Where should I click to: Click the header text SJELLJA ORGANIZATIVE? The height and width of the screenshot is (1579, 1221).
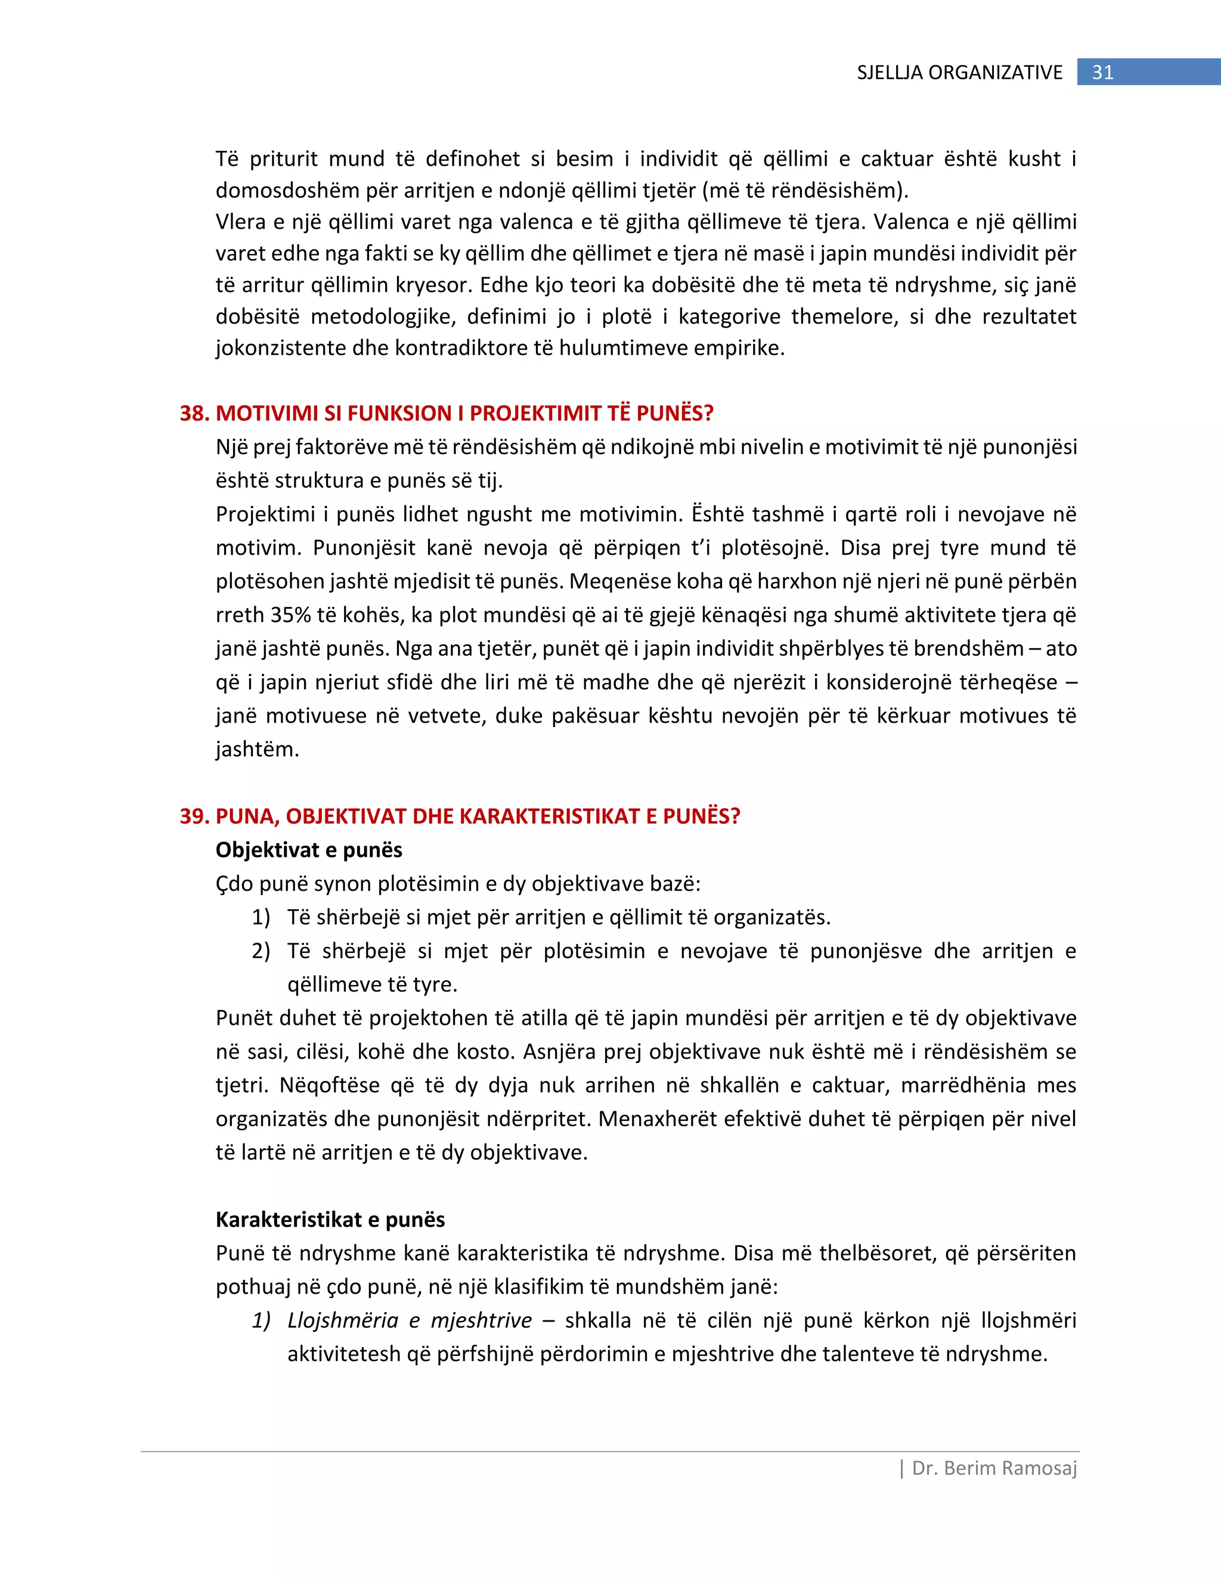point(959,72)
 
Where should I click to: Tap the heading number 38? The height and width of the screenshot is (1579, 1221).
point(194,413)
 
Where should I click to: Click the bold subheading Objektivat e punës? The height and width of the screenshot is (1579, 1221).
point(309,850)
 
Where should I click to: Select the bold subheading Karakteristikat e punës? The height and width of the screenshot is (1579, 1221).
point(330,1219)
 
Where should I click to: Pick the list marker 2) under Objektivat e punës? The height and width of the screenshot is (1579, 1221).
point(261,951)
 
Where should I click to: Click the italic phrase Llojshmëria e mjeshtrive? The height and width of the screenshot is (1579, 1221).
point(410,1320)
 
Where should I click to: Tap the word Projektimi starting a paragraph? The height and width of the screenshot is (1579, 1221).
point(264,514)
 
